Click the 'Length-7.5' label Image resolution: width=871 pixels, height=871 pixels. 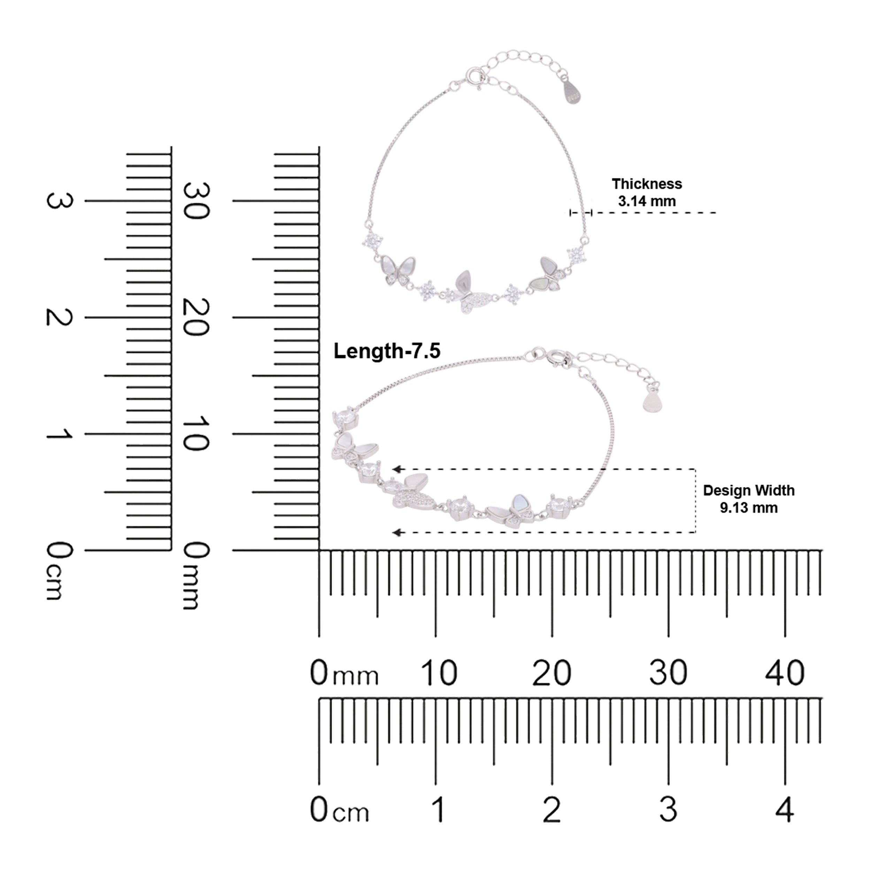pos(387,351)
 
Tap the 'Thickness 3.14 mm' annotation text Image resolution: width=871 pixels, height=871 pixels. pos(647,193)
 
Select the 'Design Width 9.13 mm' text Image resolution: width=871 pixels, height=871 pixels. pos(748,499)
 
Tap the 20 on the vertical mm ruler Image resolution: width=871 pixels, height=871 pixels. pos(196,317)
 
